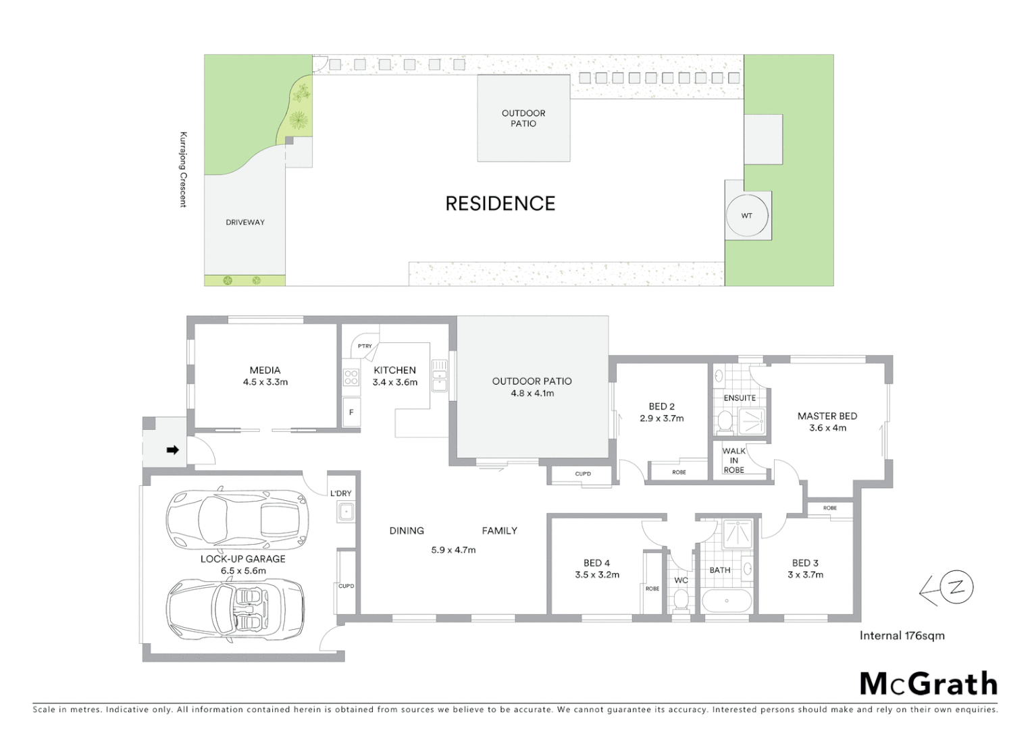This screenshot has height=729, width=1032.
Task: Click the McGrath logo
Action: [x=928, y=684]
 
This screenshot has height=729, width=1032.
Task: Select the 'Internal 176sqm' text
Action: [x=902, y=635]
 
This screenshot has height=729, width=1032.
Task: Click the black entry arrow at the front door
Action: [x=172, y=450]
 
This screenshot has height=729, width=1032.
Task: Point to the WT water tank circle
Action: [x=746, y=216]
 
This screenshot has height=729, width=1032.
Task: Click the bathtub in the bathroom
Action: [x=727, y=600]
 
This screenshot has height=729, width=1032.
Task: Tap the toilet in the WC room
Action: [x=681, y=598]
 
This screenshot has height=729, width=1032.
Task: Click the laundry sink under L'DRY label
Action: [x=346, y=512]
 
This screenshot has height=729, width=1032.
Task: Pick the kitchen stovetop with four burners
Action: [x=351, y=377]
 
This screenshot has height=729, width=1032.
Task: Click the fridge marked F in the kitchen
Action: [x=351, y=412]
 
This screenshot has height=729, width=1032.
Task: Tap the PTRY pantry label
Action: [x=365, y=346]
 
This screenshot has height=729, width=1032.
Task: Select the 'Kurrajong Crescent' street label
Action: [x=183, y=169]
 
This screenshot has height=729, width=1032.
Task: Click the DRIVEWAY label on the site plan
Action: [x=245, y=222]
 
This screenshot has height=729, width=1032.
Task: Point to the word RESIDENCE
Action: [x=500, y=203]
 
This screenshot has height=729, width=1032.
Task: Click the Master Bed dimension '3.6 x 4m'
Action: [x=827, y=428]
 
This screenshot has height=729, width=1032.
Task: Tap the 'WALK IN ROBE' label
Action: [x=733, y=460]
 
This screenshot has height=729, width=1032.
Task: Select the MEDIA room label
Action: [x=265, y=370]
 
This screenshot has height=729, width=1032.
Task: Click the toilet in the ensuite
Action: [x=725, y=421]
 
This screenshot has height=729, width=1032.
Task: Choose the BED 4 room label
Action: [x=596, y=563]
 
